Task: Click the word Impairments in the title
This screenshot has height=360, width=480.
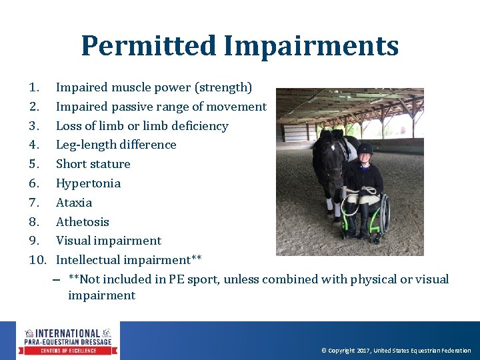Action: point(311,47)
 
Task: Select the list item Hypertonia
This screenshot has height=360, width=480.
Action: point(88,183)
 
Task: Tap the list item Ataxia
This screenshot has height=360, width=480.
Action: point(74,203)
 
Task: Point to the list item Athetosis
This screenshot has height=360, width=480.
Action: point(82,222)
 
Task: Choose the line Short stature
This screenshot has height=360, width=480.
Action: point(93,164)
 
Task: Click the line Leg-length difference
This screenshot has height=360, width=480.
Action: point(116,145)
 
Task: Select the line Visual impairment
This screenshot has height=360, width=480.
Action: point(108,241)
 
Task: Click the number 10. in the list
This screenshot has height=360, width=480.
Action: point(37,260)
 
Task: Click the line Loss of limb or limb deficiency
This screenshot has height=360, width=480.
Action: point(142,126)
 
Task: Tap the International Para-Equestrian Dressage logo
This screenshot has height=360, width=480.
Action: point(68,341)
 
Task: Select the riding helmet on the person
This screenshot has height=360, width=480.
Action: point(365,149)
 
